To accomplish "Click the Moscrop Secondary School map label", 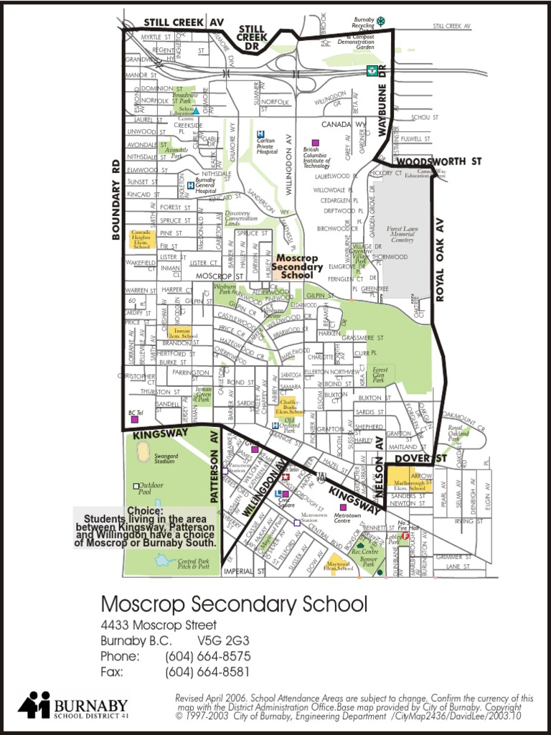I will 297,266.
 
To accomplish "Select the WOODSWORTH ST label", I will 438,162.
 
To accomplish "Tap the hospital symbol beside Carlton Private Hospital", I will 261,134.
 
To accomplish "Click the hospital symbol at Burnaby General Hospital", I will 190,185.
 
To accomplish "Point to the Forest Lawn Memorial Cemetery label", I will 402,234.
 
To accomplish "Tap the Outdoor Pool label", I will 151,490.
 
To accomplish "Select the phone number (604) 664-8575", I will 208,656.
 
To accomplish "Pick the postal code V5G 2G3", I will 223,640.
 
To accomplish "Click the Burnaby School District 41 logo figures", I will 34,705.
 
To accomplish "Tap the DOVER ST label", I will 420,458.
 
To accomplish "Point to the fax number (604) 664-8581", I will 207,672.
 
